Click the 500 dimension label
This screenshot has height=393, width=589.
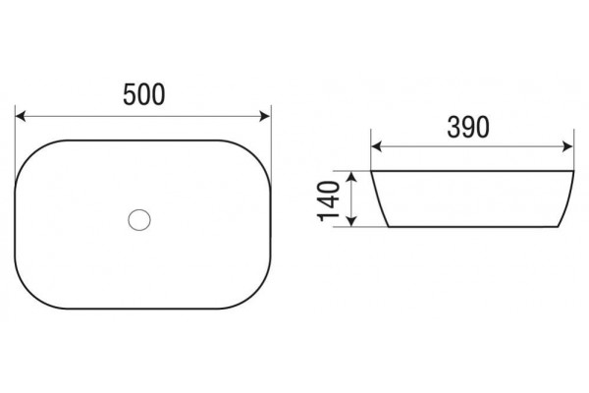[144, 94]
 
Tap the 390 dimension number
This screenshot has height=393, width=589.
[468, 127]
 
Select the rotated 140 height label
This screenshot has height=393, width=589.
[329, 201]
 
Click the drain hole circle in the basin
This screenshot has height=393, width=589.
[139, 220]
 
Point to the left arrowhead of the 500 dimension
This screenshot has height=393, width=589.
[21, 116]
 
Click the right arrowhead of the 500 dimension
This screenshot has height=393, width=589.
[265, 116]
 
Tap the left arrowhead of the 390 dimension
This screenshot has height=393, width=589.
[376, 146]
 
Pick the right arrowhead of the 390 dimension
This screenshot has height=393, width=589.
[568, 146]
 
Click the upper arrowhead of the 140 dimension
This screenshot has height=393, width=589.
[350, 177]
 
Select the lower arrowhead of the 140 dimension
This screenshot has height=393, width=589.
[350, 221]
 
